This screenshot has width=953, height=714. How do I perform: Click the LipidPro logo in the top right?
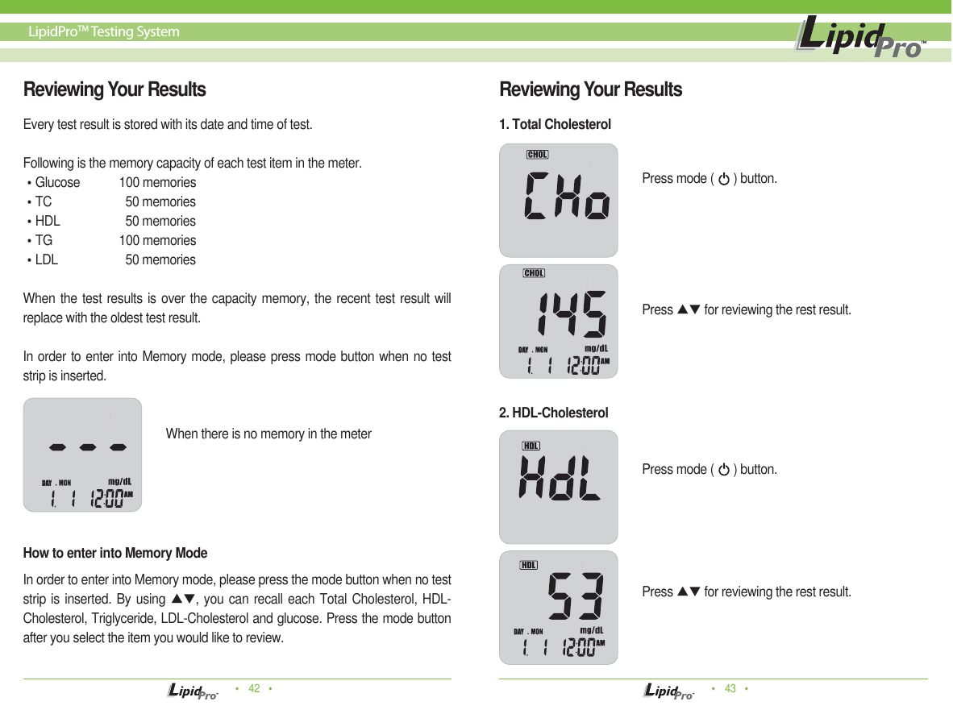click(860, 38)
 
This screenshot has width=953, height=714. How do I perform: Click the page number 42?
click(254, 688)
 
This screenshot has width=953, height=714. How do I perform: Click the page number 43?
click(730, 688)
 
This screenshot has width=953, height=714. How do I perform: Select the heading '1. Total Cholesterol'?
click(555, 124)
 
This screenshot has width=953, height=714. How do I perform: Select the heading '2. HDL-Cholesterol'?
click(553, 413)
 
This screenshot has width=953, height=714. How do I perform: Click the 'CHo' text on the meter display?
click(567, 196)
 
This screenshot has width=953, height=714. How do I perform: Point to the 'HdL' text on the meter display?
click(560, 479)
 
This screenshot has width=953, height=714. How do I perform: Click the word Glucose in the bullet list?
click(57, 182)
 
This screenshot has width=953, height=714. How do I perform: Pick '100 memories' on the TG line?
click(157, 240)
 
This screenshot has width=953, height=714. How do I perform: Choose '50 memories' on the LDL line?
click(160, 259)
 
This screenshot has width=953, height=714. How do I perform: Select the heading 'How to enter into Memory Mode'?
click(115, 553)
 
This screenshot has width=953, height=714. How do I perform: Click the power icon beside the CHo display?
click(724, 179)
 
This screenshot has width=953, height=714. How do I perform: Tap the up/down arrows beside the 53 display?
click(688, 592)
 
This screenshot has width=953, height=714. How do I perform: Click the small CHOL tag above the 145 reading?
click(534, 273)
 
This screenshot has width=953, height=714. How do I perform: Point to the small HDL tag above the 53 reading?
click(529, 565)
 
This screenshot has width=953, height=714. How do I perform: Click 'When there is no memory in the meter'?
click(268, 434)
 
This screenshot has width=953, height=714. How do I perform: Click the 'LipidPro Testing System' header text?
click(104, 32)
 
